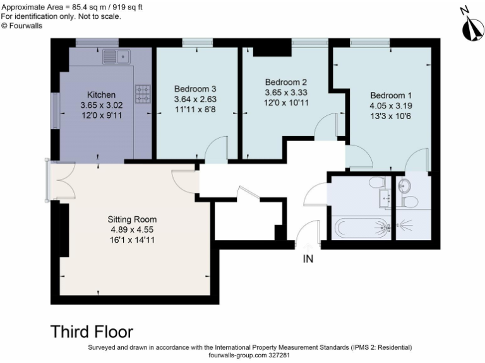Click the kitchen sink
tap(117, 57)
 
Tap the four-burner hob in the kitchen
tap(143, 95)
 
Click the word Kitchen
tap(101, 95)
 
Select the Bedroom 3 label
tap(195, 89)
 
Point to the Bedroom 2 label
tap(285, 82)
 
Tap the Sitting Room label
tap(132, 219)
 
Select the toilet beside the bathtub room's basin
tap(377, 183)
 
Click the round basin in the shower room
tap(405, 186)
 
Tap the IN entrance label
tap(309, 258)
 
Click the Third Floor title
tap(92, 331)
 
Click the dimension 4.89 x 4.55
tap(132, 229)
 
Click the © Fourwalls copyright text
tap(21, 25)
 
